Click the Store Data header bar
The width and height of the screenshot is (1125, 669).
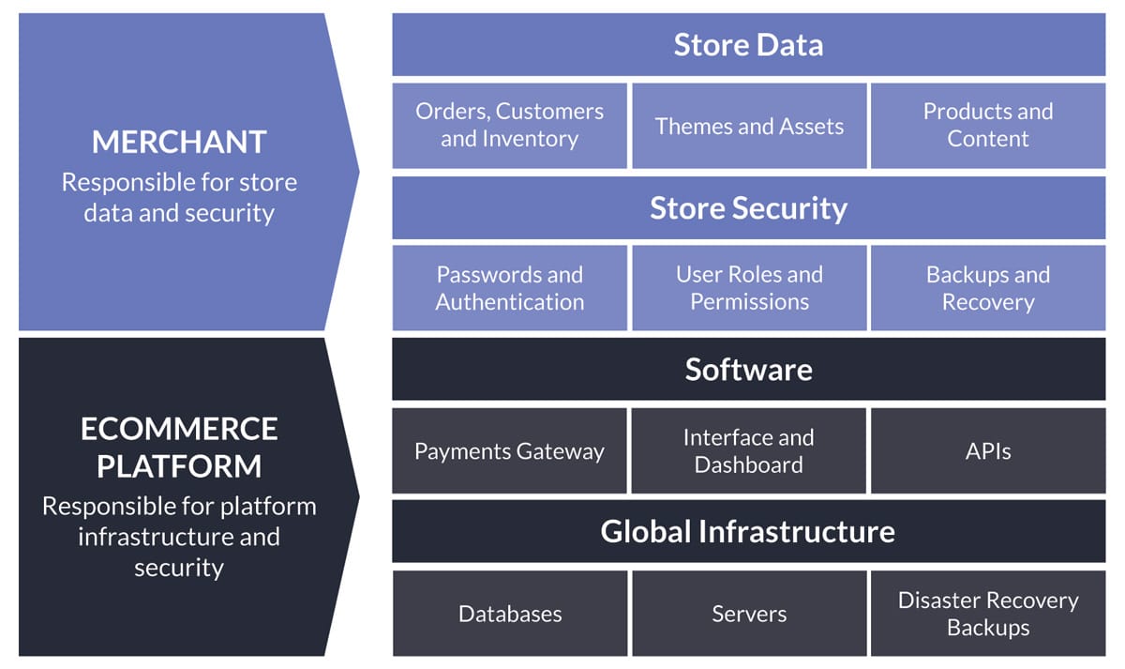[x=748, y=45]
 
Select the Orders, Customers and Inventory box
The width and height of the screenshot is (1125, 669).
[x=509, y=126]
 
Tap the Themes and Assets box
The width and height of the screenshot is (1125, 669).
[x=749, y=126]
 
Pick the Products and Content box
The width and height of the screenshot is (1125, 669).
[x=988, y=126]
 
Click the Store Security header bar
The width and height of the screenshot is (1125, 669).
[x=748, y=207]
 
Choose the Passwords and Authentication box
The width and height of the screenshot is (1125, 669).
[x=509, y=288]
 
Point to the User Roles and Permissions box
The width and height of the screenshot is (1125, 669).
[x=749, y=288]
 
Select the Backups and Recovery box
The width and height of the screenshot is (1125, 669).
[x=988, y=288]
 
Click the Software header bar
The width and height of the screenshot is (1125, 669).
[x=748, y=369]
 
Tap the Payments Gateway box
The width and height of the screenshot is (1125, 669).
[x=509, y=451]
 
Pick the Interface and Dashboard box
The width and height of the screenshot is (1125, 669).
[x=749, y=451]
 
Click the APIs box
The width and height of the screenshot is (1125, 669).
[x=988, y=451]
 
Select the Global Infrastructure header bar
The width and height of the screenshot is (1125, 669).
[x=748, y=531]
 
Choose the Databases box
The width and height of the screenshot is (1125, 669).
[x=510, y=614]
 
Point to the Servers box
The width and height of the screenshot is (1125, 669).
[x=749, y=614]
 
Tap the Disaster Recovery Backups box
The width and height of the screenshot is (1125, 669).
[x=988, y=614]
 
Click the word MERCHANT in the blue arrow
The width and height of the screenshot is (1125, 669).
[x=179, y=142]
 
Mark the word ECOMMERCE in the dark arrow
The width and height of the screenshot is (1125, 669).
[x=179, y=429]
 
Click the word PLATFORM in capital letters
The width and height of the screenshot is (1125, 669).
[x=179, y=466]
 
